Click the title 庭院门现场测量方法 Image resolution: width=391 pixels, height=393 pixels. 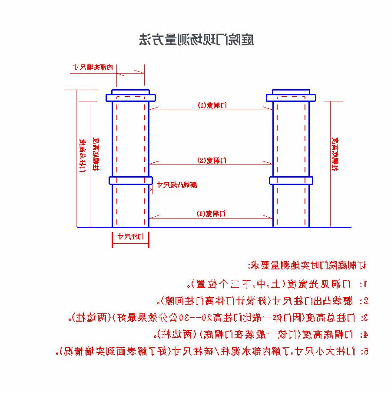196,40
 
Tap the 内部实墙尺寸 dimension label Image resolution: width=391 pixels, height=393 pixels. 93,67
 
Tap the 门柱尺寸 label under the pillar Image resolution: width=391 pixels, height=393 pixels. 130,237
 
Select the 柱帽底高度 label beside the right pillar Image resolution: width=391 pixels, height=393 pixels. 335,155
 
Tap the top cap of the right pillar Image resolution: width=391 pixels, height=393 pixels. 291,95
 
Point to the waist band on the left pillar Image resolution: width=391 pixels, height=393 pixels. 130,180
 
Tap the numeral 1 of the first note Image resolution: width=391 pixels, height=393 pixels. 365,285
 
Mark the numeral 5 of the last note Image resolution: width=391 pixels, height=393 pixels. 365,351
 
